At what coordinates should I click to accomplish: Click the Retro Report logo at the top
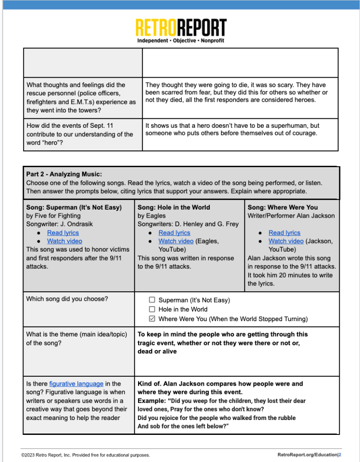(180, 28)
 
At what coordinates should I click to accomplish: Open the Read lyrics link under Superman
(63, 233)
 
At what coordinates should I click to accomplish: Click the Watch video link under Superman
(65, 241)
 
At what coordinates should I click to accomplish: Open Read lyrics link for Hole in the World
(174, 233)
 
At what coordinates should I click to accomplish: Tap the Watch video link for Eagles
(175, 241)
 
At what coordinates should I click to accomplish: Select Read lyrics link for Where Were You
(284, 233)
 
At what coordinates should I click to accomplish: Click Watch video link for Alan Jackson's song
(286, 241)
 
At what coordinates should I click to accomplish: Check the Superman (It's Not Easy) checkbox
(152, 300)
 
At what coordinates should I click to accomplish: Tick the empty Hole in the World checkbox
(152, 309)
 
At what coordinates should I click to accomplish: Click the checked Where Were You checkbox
(152, 319)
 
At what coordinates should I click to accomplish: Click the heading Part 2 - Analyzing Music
(64, 174)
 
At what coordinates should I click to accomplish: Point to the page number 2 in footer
(340, 454)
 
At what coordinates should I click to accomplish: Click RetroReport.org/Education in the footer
(307, 454)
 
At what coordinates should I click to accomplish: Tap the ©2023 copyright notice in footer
(86, 455)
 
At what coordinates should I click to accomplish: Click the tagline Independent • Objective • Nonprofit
(180, 41)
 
